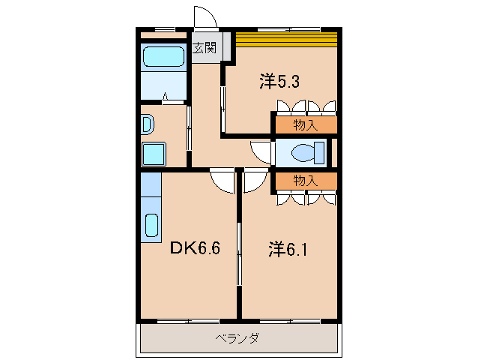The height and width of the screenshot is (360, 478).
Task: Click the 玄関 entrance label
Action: tap(204, 49)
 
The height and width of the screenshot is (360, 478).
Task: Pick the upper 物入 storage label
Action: tap(304, 124)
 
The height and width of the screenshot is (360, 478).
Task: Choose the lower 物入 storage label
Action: tap(304, 181)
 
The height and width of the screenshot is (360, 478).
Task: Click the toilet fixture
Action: tap(307, 152)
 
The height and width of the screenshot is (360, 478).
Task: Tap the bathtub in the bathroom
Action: tap(163, 58)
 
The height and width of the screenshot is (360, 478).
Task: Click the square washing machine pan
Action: tap(155, 154)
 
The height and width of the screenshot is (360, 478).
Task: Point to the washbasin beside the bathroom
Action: tap(146, 124)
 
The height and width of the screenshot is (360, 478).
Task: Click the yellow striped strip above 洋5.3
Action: tap(287, 38)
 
